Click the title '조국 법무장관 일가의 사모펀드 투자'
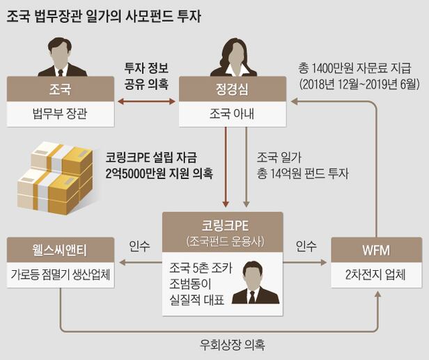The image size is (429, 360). [x=104, y=16]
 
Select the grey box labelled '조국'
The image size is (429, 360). [x=61, y=88]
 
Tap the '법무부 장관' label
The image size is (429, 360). [x=61, y=114]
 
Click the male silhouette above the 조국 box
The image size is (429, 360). [x=61, y=56]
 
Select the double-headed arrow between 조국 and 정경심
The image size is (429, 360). [x=147, y=102]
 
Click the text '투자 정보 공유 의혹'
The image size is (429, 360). [x=147, y=75]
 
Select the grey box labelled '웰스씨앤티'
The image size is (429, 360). [x=60, y=249]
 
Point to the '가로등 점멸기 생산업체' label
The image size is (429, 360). [x=60, y=274]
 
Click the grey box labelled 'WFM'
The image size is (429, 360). [x=376, y=249]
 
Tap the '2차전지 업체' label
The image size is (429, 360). [x=376, y=274]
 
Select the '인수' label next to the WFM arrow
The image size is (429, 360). [x=306, y=246]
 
